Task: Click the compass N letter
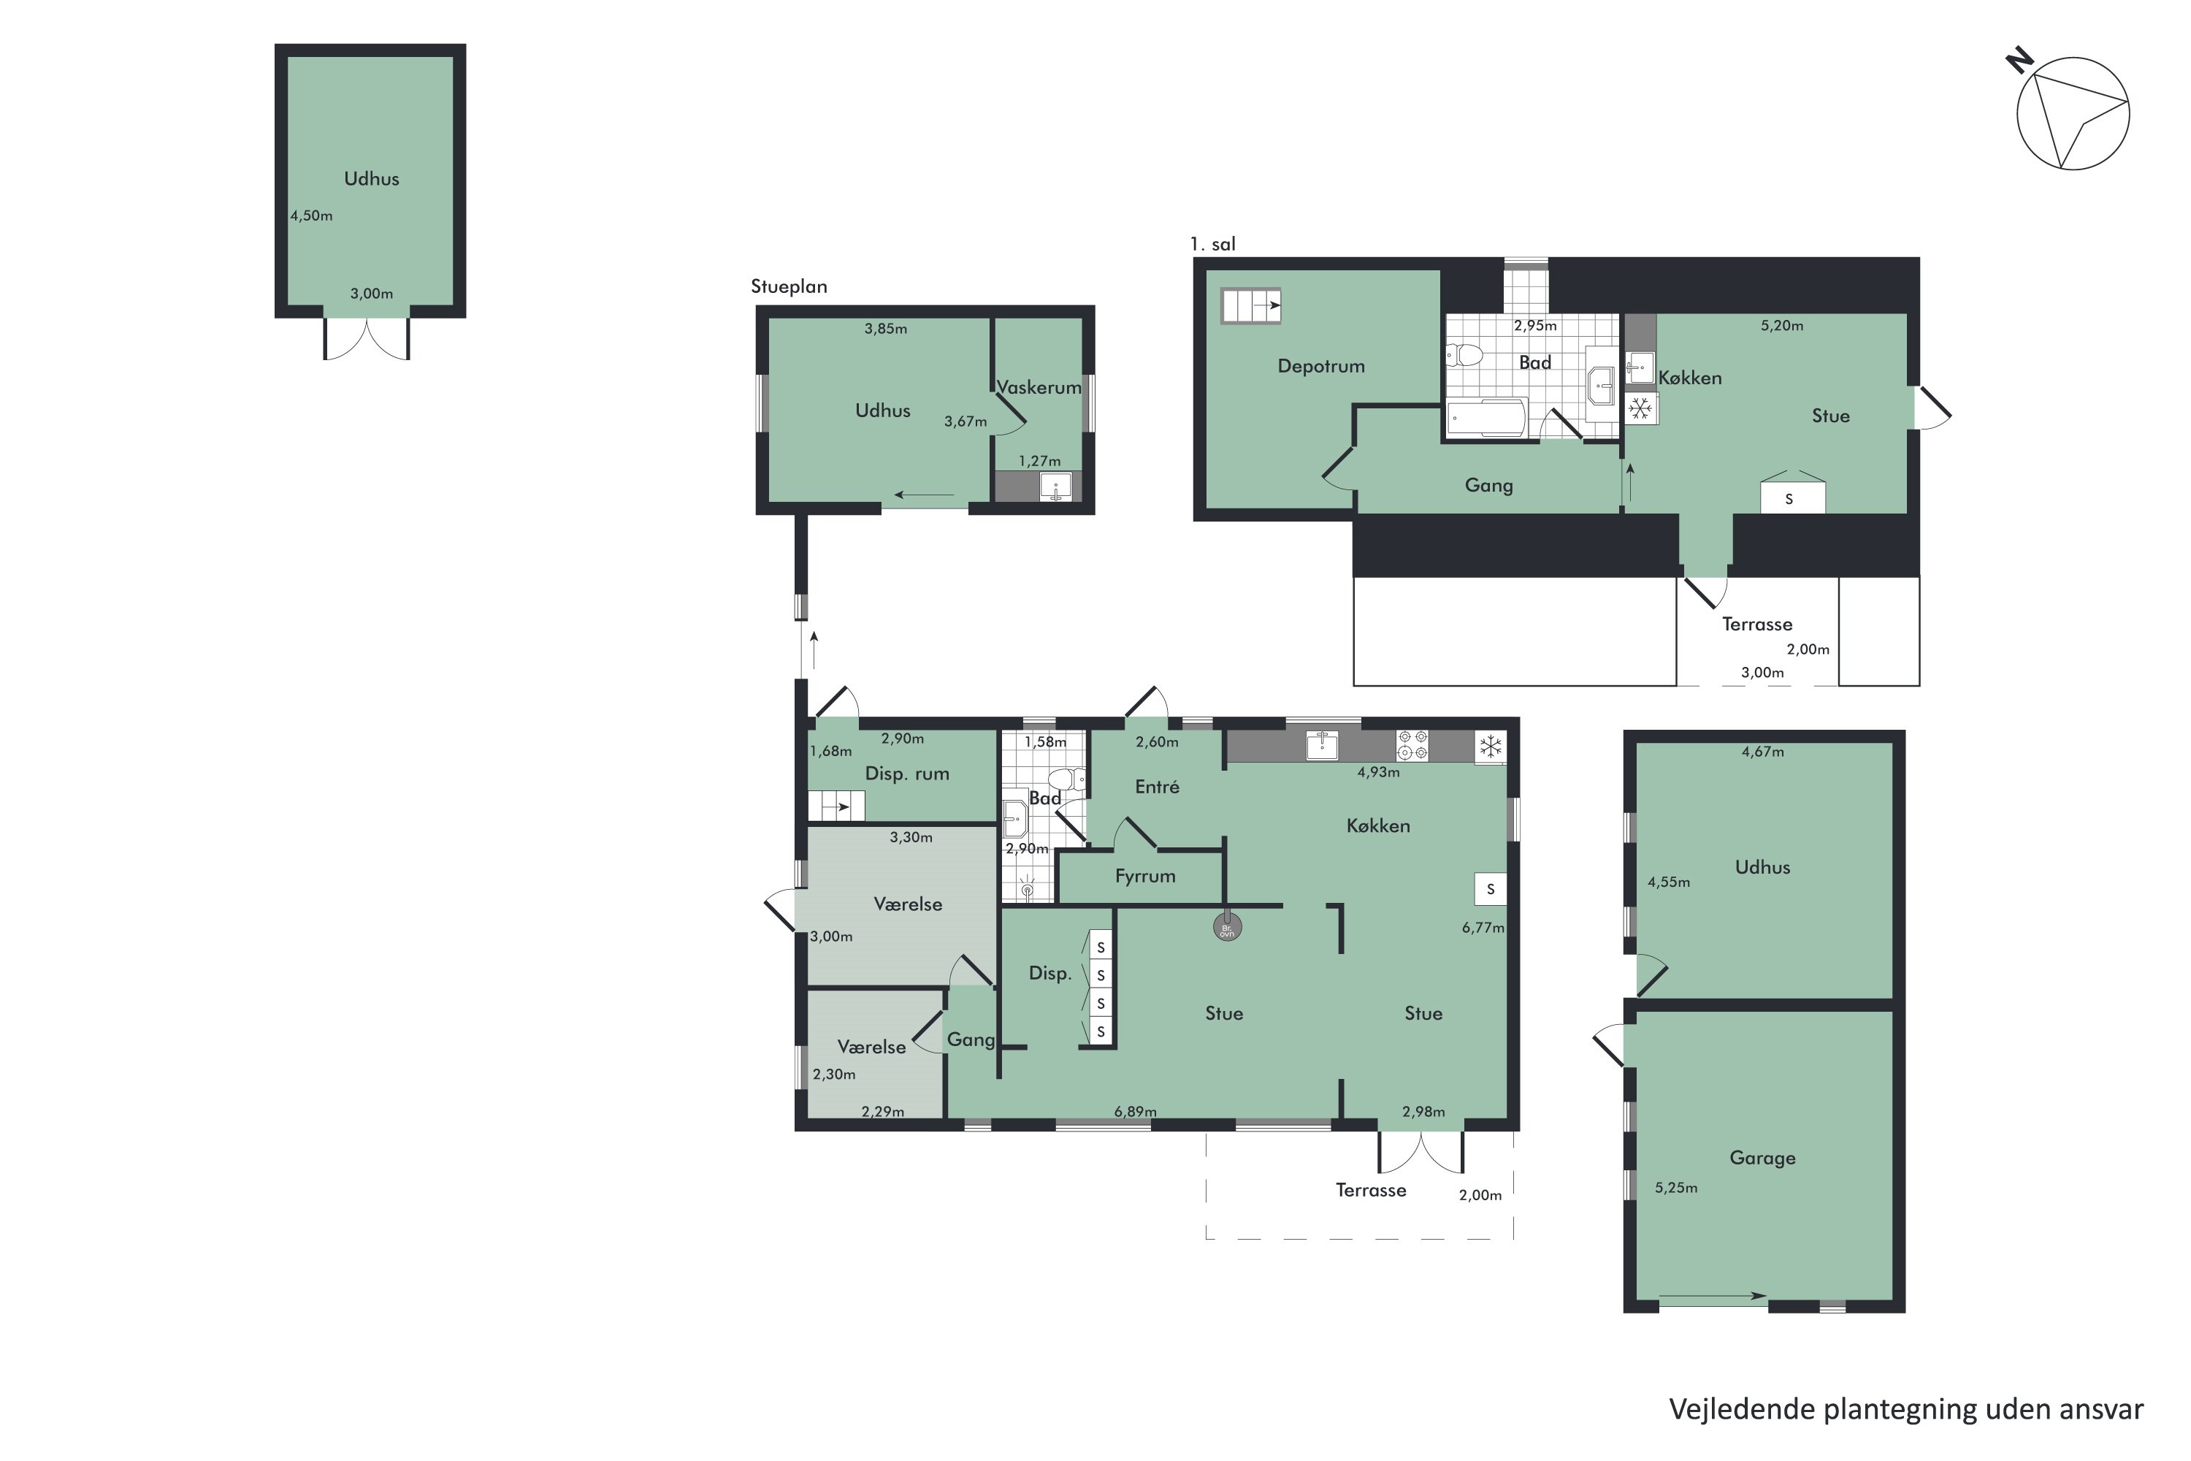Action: [2019, 61]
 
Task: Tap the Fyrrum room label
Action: [1145, 877]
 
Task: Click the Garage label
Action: [1762, 1158]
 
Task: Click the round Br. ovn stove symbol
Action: [1227, 927]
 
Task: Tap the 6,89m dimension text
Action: [1136, 1112]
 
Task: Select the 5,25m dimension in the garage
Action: [1676, 1188]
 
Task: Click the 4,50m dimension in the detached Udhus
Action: [311, 216]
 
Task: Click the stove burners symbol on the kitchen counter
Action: [1412, 745]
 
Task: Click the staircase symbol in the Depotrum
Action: [1251, 305]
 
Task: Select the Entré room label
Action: [1157, 787]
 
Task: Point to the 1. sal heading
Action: [1213, 244]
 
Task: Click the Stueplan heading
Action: [789, 287]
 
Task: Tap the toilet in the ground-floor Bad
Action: [1066, 779]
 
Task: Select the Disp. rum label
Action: [907, 774]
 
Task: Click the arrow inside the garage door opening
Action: [1712, 1296]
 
